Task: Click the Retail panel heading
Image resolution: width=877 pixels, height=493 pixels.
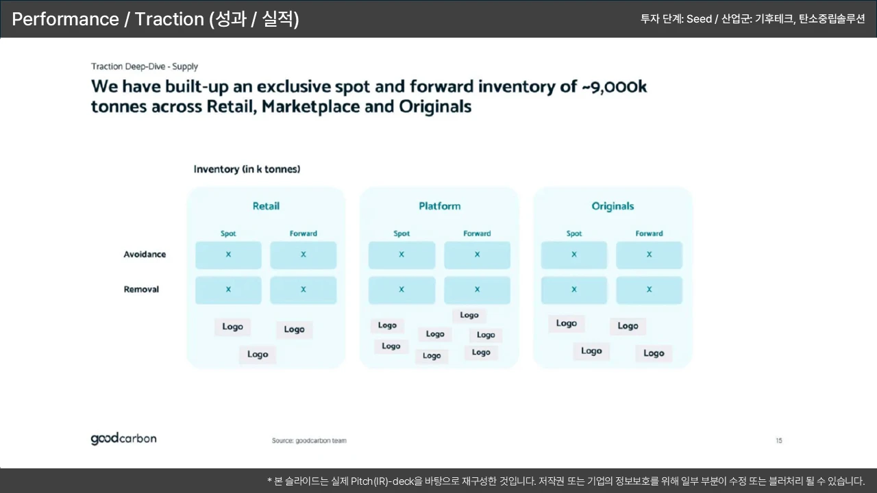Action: pyautogui.click(x=266, y=206)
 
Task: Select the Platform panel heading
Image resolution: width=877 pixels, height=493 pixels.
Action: pyautogui.click(x=440, y=206)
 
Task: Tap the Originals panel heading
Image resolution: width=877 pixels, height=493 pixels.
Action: pyautogui.click(x=613, y=206)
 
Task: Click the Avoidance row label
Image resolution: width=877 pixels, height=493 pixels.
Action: pyautogui.click(x=145, y=254)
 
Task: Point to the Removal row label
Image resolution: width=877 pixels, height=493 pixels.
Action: pyautogui.click(x=141, y=289)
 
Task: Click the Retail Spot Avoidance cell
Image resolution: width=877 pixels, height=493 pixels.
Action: pyautogui.click(x=228, y=255)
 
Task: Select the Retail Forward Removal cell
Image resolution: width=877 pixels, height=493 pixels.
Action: pyautogui.click(x=304, y=290)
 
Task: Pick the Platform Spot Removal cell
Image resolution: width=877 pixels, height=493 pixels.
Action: pyautogui.click(x=402, y=290)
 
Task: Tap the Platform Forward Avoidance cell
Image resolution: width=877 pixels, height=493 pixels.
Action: pyautogui.click(x=478, y=255)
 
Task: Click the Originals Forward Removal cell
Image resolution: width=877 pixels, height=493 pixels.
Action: pyautogui.click(x=649, y=290)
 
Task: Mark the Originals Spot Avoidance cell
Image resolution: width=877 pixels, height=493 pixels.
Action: pyautogui.click(x=574, y=255)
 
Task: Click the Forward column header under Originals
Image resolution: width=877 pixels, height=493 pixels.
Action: pyautogui.click(x=649, y=233)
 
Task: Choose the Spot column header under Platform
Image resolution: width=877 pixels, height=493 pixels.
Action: pyautogui.click(x=402, y=233)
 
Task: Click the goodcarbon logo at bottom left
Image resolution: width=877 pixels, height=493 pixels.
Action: pyautogui.click(x=124, y=439)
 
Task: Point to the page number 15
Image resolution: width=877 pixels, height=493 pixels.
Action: pyautogui.click(x=779, y=440)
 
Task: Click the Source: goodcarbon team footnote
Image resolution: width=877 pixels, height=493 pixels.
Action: pyautogui.click(x=309, y=440)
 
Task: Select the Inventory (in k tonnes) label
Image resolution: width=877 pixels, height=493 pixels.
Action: pyautogui.click(x=247, y=169)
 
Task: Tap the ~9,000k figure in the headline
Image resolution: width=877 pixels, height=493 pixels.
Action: pyautogui.click(x=615, y=86)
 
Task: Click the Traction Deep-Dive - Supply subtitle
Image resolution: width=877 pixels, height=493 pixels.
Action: pyautogui.click(x=145, y=66)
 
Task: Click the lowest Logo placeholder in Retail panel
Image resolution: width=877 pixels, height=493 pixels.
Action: pyautogui.click(x=258, y=355)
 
